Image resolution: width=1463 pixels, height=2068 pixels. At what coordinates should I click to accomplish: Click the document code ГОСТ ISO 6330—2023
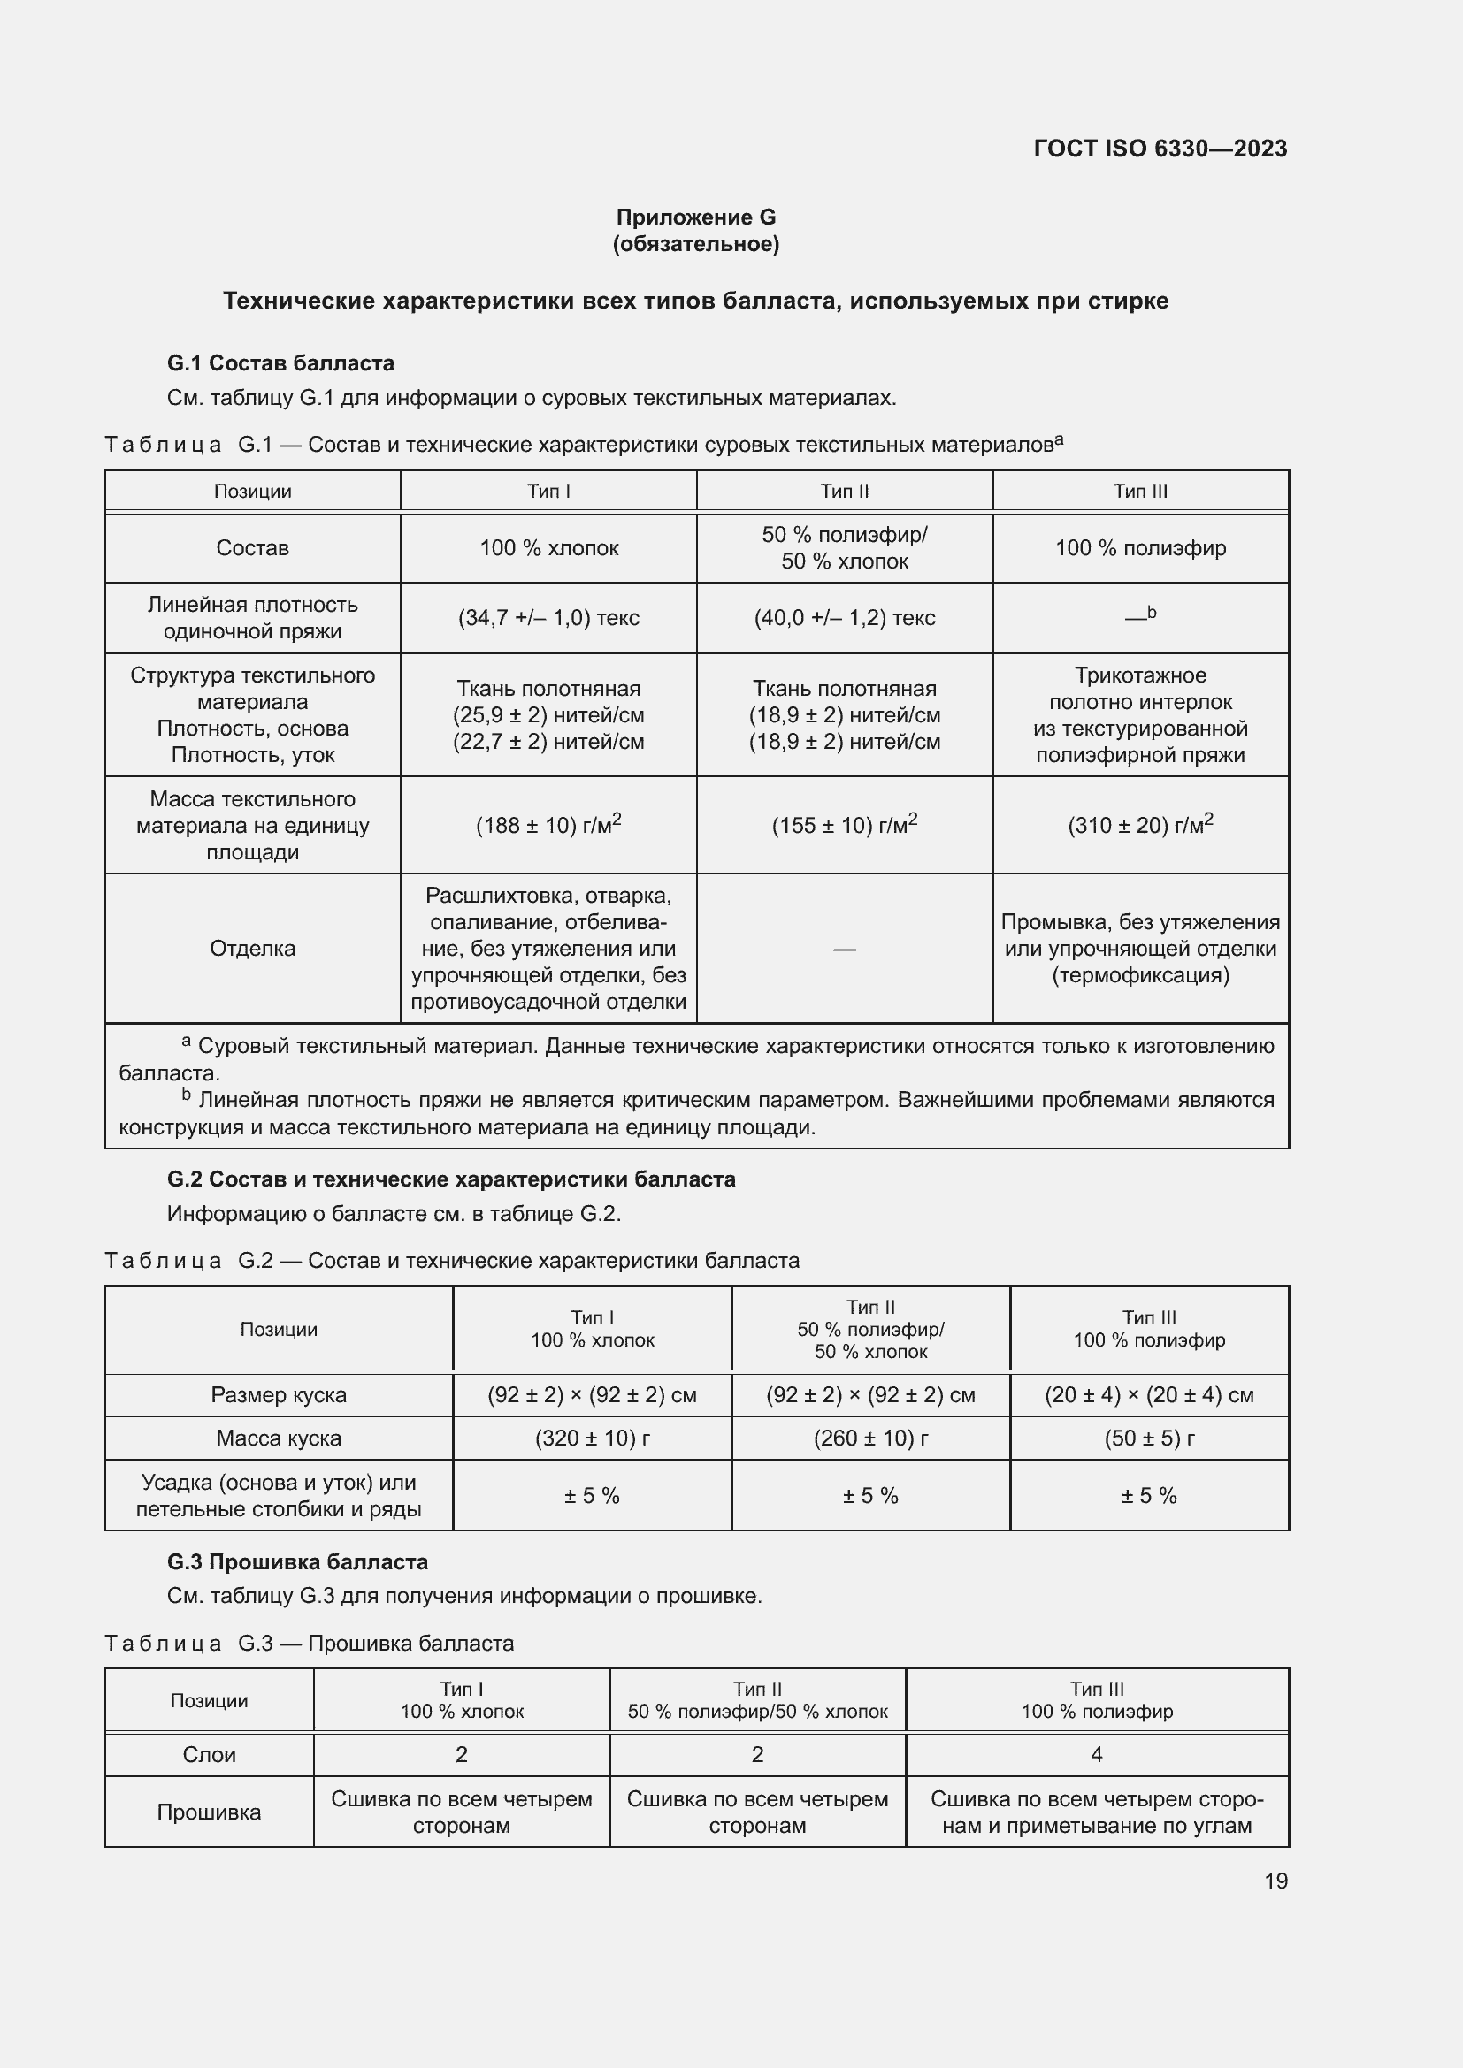pos(1160,149)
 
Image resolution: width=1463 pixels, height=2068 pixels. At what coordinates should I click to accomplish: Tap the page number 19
pos(1275,1881)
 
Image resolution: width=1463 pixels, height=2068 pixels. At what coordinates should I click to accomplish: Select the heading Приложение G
pos(695,217)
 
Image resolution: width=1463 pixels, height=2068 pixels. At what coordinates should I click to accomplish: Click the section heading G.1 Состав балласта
pos(280,363)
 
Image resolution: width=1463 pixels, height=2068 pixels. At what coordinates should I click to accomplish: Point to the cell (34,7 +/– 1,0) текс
pos(548,618)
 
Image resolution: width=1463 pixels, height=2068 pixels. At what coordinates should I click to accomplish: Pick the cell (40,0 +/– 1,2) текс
pos(844,618)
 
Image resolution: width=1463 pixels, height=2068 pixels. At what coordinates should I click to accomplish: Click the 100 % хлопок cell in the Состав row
pos(548,547)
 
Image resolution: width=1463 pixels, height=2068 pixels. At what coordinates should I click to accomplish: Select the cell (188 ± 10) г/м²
pos(548,825)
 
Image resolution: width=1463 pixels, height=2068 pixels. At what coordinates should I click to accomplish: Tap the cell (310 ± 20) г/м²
pos(1139,825)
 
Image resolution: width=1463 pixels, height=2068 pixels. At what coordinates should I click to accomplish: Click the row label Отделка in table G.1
pos(252,949)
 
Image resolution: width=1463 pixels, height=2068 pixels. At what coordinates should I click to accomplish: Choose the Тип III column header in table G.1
pos(1139,491)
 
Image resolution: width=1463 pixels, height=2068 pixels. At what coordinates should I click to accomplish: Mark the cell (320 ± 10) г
pos(592,1438)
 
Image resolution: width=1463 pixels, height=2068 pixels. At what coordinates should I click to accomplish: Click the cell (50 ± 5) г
pos(1149,1438)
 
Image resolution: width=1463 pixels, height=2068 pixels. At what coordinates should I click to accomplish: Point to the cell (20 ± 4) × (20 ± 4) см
pos(1149,1395)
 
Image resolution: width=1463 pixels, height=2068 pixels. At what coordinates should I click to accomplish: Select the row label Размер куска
pos(279,1395)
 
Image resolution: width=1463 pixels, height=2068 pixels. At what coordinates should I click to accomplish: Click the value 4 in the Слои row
pos(1096,1754)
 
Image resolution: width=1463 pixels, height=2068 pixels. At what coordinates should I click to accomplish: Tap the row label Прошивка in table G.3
pos(209,1812)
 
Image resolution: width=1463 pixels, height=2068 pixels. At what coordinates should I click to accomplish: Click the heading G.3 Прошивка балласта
pos(297,1561)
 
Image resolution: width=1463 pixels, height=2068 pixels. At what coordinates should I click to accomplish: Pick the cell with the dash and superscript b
pos(1139,617)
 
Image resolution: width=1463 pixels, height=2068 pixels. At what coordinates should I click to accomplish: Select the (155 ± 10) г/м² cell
pos(844,825)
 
